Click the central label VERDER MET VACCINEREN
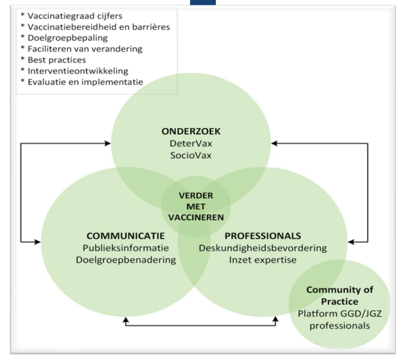pyautogui.click(x=195, y=206)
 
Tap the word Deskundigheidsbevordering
pyautogui.click(x=263, y=247)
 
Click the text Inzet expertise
pyautogui.click(x=263, y=260)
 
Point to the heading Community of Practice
pyautogui.click(x=338, y=294)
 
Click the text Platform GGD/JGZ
pyautogui.click(x=338, y=315)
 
